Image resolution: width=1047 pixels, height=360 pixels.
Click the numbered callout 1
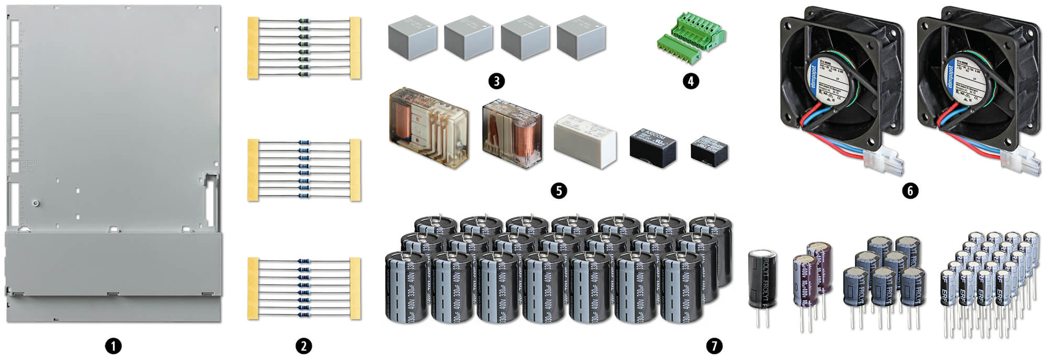coord(113,346)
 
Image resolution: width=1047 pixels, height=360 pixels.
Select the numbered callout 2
coord(304,346)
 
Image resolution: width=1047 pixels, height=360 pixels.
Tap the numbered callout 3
coord(496,81)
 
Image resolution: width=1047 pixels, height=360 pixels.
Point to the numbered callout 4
coord(690,81)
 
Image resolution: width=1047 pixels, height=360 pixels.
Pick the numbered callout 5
coord(559,190)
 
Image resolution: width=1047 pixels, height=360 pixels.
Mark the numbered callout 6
coord(910,190)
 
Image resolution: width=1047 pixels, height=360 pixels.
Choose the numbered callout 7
coord(714,346)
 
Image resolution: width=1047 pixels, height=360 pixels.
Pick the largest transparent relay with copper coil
coord(428,128)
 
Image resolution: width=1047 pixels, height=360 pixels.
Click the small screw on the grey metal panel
coord(35,203)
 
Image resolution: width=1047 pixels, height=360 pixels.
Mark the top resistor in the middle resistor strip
coord(304,142)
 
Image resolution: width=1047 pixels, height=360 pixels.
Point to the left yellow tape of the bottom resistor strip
coord(253,288)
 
